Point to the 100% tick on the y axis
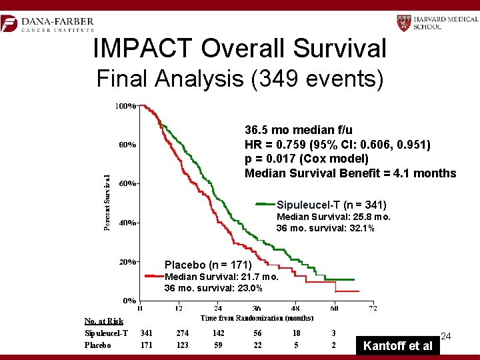pos(125,105)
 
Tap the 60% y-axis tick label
pos(125,183)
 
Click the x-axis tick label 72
pos(373,309)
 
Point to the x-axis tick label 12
pos(179,309)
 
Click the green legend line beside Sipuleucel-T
pos(265,204)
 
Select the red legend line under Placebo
pos(154,276)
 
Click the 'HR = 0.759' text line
pos(337,145)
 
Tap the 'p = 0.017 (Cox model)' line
pos(307,159)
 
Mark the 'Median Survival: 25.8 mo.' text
pos(333,217)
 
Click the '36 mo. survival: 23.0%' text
pos(213,288)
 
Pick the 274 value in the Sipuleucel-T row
pos(182,333)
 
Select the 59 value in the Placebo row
pos(218,345)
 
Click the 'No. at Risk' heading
pos(104,321)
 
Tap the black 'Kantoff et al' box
pos(397,345)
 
